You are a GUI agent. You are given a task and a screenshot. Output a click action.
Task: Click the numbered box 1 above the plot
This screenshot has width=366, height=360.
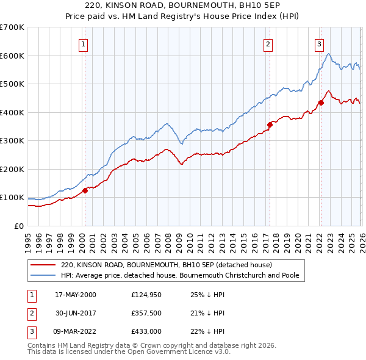point(83,43)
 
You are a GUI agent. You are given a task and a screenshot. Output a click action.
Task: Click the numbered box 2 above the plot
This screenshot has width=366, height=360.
point(268,43)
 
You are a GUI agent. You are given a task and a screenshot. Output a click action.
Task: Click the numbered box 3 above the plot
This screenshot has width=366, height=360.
point(319,43)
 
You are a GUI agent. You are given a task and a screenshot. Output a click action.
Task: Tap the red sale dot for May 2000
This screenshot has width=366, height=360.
point(85,190)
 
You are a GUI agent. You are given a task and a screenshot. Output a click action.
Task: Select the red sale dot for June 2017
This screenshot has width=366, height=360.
point(269,124)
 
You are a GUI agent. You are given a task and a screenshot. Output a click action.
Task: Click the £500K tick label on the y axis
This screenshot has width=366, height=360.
point(12,84)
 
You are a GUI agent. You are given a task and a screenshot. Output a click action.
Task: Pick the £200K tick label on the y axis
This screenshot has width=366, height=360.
point(12,169)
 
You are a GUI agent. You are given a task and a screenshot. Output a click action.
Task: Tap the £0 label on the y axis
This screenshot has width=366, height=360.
point(19,226)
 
